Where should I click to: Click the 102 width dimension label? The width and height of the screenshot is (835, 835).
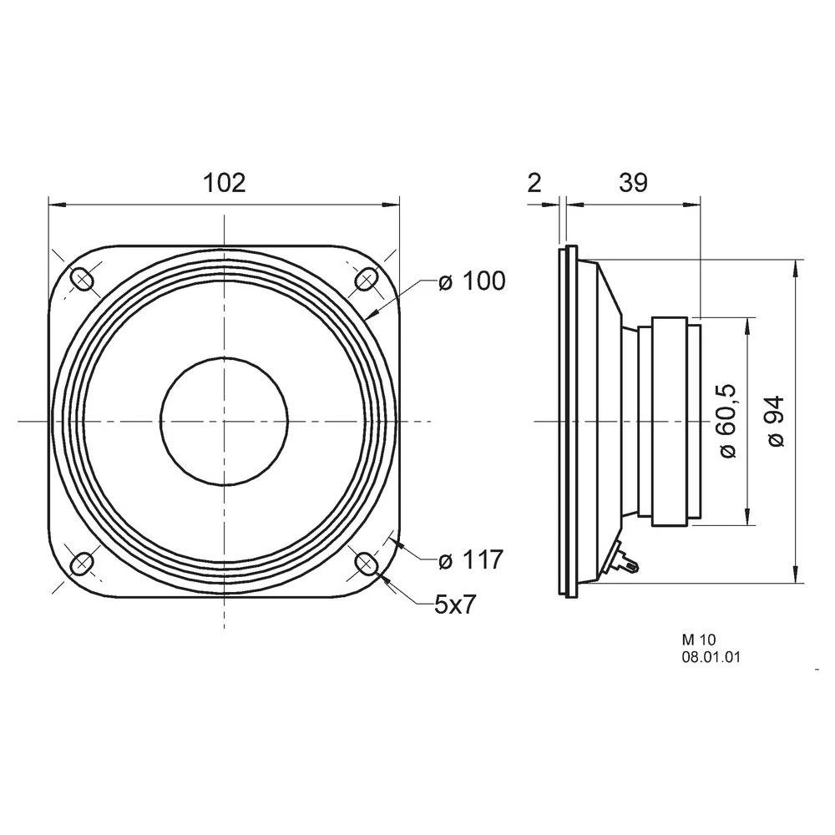pos(225,183)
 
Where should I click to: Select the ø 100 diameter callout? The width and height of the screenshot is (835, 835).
pos(472,282)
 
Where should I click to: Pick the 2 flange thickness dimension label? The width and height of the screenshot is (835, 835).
pos(535,183)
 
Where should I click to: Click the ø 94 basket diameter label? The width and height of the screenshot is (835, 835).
pos(776,421)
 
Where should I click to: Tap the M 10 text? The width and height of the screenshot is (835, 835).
pos(694,639)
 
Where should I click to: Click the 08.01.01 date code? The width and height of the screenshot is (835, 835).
pos(711,657)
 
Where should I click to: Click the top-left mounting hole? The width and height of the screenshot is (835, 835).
pos(83,279)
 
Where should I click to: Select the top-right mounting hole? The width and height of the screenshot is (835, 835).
pos(366,279)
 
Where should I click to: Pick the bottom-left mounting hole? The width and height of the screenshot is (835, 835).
pos(83,564)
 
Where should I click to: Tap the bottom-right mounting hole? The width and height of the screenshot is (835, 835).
pos(366,564)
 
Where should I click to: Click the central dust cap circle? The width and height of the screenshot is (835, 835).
pos(224,422)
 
